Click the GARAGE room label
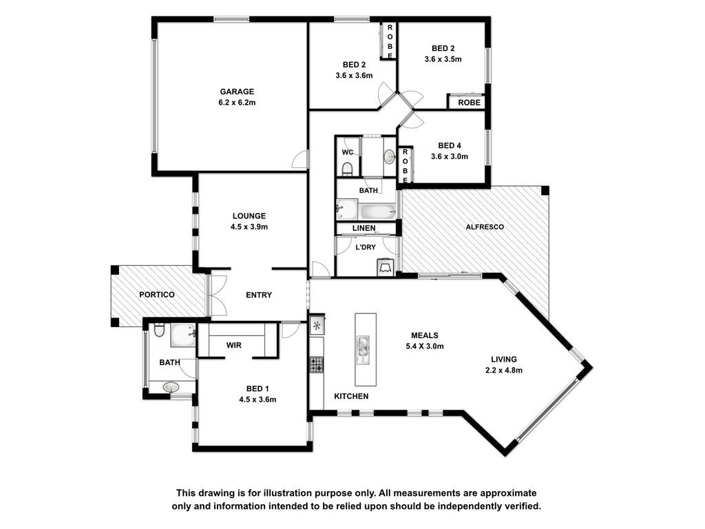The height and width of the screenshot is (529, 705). click(x=237, y=92)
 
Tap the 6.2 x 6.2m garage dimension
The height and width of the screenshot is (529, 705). click(x=237, y=103)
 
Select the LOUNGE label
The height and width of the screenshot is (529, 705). click(x=249, y=216)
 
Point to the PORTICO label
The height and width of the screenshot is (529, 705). click(x=156, y=295)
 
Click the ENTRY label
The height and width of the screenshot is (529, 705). click(x=259, y=295)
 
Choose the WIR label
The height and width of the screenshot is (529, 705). click(x=234, y=346)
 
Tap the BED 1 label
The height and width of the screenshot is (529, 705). click(x=257, y=388)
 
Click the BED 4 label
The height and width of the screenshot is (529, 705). click(x=450, y=146)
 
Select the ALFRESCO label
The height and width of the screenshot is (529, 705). click(x=485, y=227)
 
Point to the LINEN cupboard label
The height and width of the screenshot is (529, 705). click(x=364, y=229)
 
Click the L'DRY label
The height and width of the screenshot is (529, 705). click(x=366, y=247)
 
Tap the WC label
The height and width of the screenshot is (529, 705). click(x=348, y=152)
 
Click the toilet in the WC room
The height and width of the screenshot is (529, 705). click(x=347, y=169)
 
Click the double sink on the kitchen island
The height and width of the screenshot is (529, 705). click(x=362, y=349)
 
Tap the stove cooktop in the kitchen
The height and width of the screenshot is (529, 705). click(x=316, y=364)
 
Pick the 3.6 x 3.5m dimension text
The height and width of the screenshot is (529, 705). click(x=443, y=59)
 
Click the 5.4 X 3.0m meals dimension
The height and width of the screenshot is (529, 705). click(x=425, y=346)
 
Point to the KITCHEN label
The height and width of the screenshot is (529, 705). click(x=351, y=396)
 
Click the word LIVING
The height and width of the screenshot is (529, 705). click(x=503, y=360)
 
